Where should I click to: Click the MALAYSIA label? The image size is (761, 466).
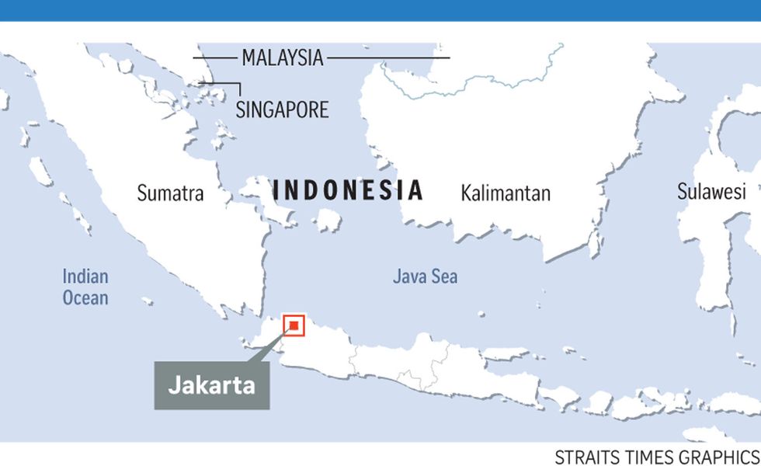tap(282, 57)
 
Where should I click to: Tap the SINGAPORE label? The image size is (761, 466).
tap(282, 109)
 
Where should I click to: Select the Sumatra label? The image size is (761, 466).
tap(170, 193)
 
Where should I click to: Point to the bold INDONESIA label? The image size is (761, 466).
tap(348, 190)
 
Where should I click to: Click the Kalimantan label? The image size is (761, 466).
tap(505, 193)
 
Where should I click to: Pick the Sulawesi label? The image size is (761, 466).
tap(711, 192)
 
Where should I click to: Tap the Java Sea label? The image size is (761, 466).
tap(425, 276)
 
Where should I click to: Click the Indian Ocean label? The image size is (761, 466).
tap(85, 287)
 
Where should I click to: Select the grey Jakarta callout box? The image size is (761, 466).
tap(211, 385)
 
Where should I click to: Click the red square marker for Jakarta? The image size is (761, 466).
tap(294, 325)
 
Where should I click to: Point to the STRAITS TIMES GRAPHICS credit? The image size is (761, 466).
tap(657, 456)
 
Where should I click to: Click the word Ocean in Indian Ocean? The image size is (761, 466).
tap(85, 297)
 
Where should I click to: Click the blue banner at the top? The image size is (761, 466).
tap(380, 9)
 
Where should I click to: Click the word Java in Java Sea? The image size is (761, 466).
tap(410, 276)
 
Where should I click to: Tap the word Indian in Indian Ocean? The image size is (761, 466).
tap(85, 276)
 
